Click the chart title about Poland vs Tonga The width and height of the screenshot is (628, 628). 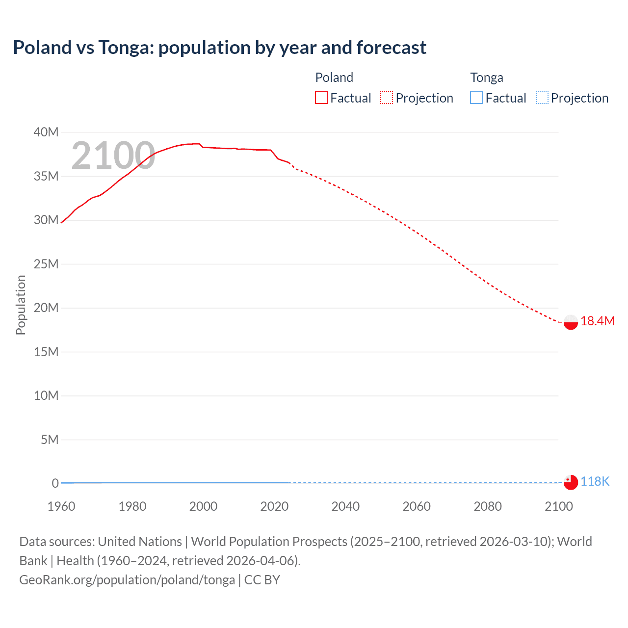[219, 48]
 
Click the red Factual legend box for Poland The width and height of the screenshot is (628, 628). [321, 98]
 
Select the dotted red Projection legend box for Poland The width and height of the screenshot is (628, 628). [387, 98]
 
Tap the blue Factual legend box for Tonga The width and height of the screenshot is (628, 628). [476, 98]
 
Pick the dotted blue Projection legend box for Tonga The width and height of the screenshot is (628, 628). [542, 98]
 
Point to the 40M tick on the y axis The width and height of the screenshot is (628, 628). [46, 132]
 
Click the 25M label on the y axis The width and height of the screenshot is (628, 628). [46, 264]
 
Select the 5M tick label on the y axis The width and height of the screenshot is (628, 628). [50, 440]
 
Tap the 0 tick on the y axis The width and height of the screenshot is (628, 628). [55, 483]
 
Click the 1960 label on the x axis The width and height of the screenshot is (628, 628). [61, 506]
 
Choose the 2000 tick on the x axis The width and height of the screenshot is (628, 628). [203, 506]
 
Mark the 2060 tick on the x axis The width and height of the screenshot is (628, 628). [417, 506]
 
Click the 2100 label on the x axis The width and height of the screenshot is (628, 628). [559, 506]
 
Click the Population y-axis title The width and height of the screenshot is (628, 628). [21, 305]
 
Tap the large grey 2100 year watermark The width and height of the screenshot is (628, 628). [113, 156]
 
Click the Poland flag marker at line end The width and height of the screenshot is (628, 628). [571, 322]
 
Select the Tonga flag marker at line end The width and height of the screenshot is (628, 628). [571, 482]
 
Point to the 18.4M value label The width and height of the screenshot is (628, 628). [597, 321]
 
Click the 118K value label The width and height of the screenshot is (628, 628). [595, 482]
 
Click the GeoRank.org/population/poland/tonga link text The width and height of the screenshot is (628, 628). [127, 580]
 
